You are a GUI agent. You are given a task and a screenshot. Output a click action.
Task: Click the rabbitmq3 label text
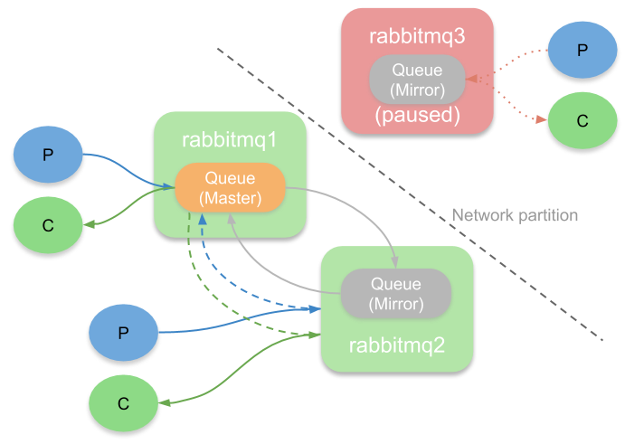(x=416, y=36)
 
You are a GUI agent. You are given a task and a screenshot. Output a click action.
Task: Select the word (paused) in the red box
(x=416, y=116)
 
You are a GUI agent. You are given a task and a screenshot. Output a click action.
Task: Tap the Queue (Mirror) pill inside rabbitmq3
(x=416, y=80)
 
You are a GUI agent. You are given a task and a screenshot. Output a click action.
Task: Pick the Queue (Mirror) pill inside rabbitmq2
(x=395, y=292)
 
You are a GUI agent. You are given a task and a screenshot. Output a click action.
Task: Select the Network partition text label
(x=515, y=215)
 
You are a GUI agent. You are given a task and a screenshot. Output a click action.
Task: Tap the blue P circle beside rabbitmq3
(x=582, y=49)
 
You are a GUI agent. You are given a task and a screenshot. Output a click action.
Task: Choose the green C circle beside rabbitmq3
(x=582, y=120)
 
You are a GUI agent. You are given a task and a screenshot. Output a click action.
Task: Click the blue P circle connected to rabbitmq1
(x=48, y=154)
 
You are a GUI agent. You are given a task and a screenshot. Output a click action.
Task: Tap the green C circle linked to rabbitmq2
(x=123, y=401)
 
